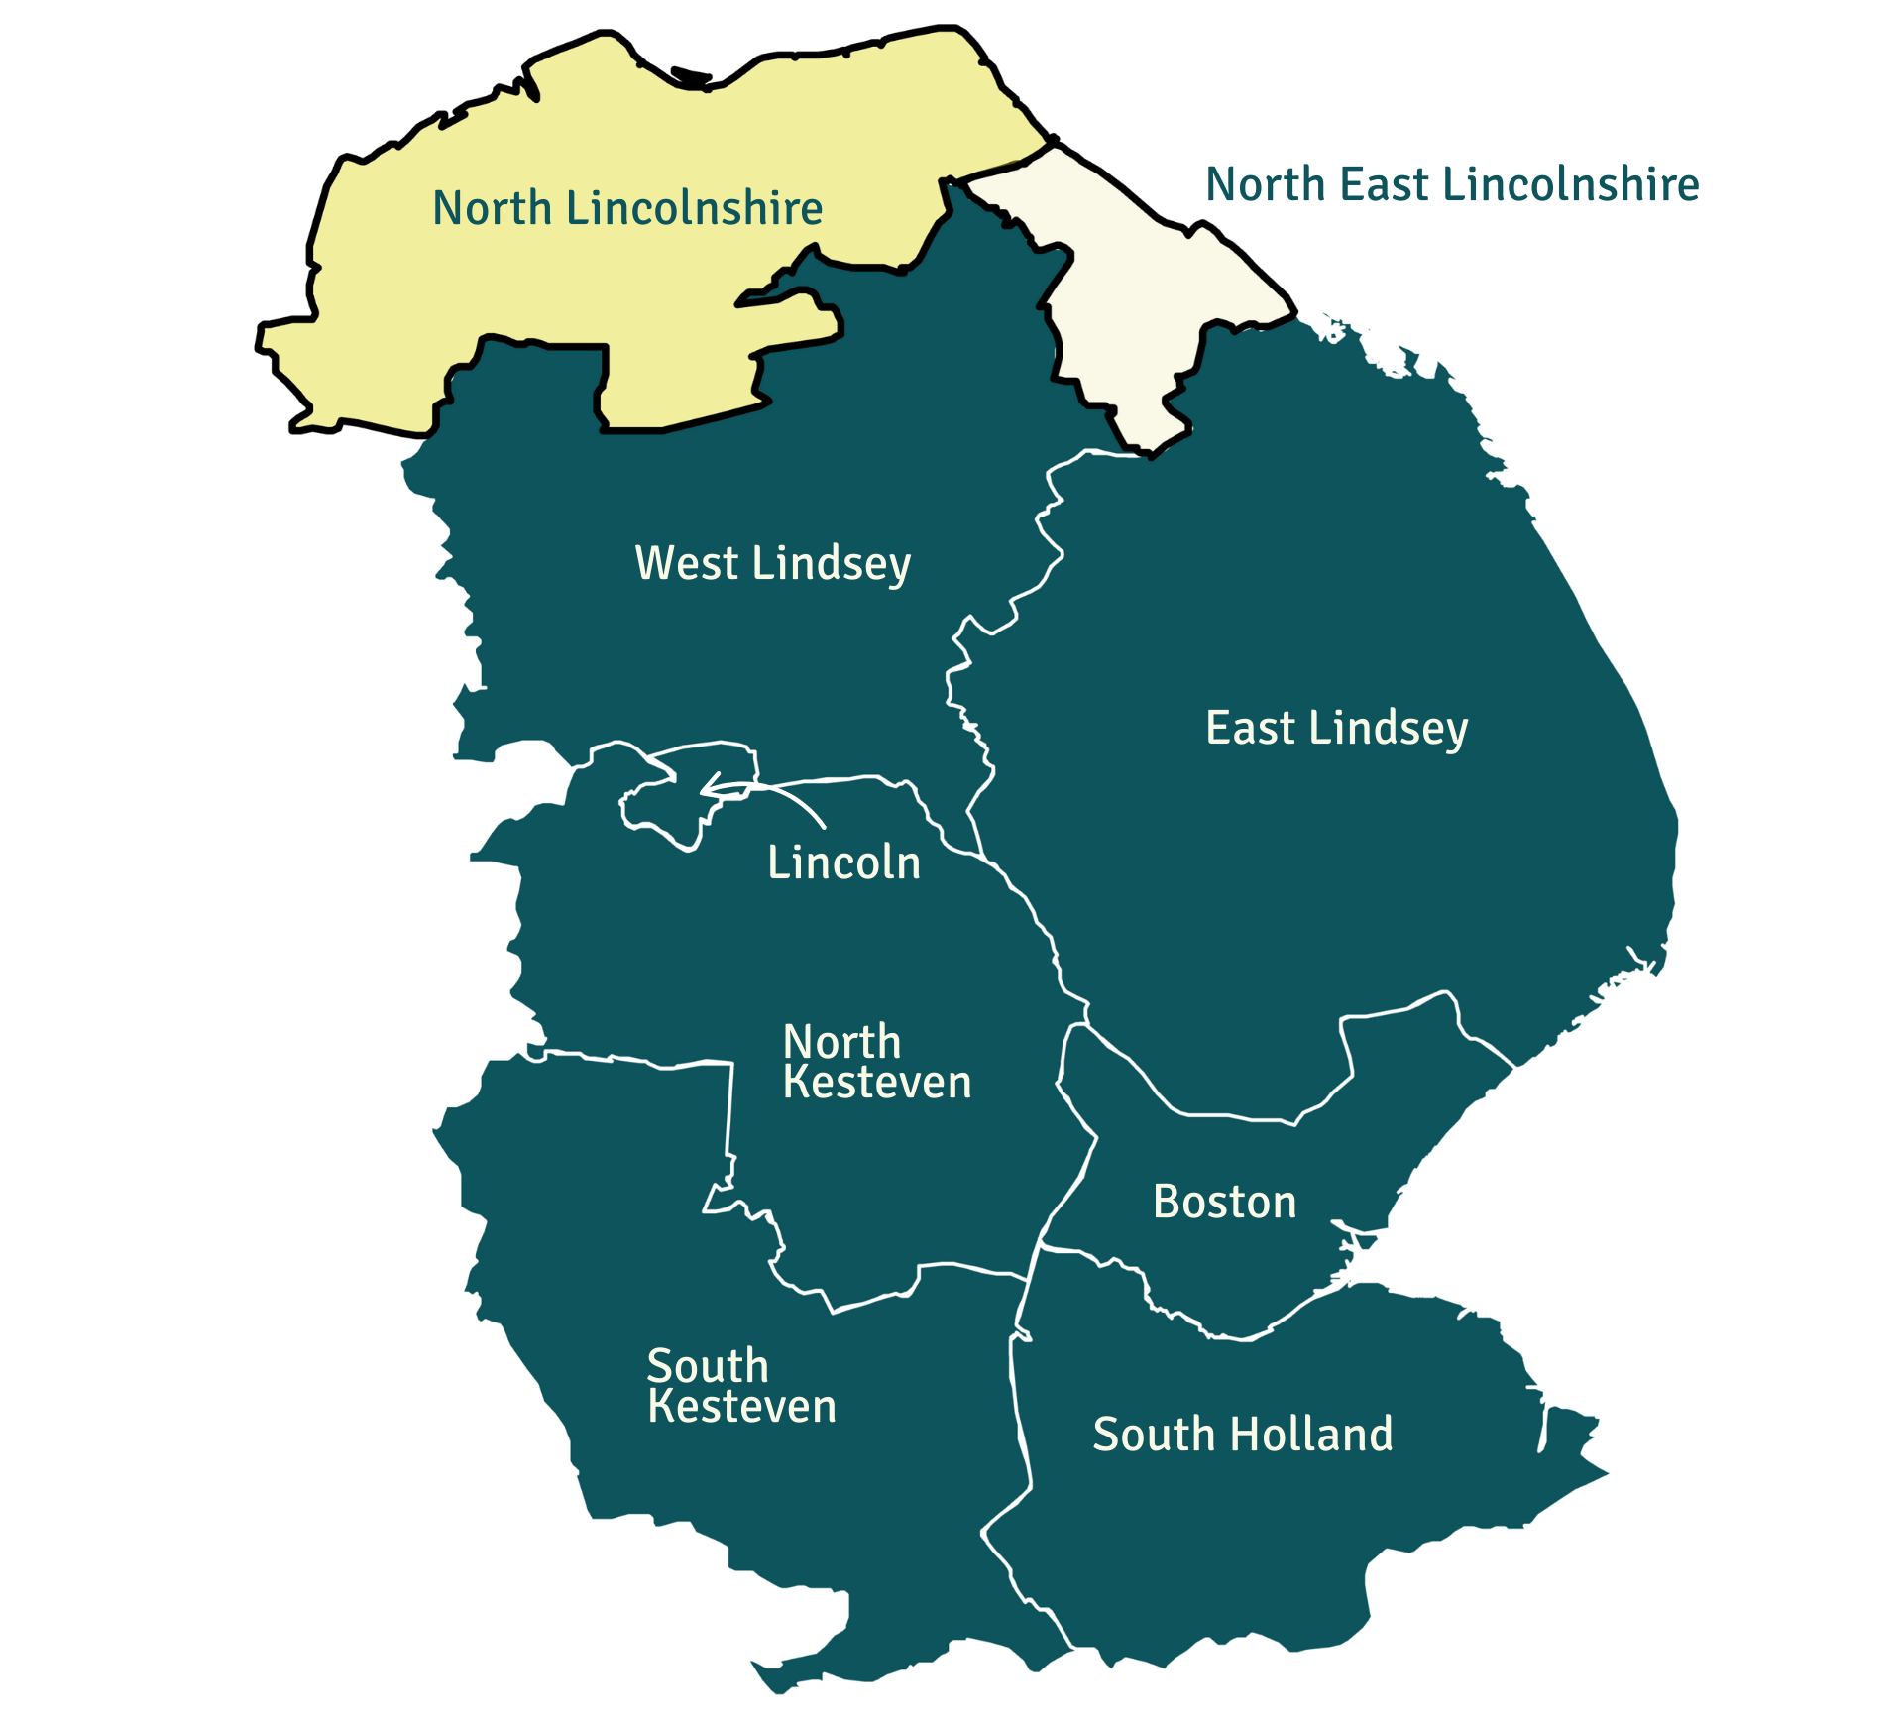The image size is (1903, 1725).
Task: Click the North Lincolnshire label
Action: tap(627, 209)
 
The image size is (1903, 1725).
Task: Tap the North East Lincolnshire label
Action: tap(1452, 185)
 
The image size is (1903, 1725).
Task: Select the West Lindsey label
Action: tap(772, 563)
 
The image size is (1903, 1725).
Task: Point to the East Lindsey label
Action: tap(1336, 728)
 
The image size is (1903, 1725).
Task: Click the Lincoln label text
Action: tap(843, 863)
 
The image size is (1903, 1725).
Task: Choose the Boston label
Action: tap(1225, 1203)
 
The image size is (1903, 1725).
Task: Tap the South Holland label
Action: tap(1243, 1435)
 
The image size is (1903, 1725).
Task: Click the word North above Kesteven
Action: tap(841, 1042)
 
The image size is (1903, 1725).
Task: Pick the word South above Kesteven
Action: tap(708, 1366)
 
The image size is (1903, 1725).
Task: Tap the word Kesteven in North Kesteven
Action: tap(877, 1083)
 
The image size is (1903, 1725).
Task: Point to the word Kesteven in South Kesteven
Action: tap(742, 1407)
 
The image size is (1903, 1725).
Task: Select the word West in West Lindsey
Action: tap(686, 563)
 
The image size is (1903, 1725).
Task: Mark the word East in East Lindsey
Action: tap(1250, 728)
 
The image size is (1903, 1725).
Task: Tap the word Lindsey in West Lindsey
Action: tap(831, 563)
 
